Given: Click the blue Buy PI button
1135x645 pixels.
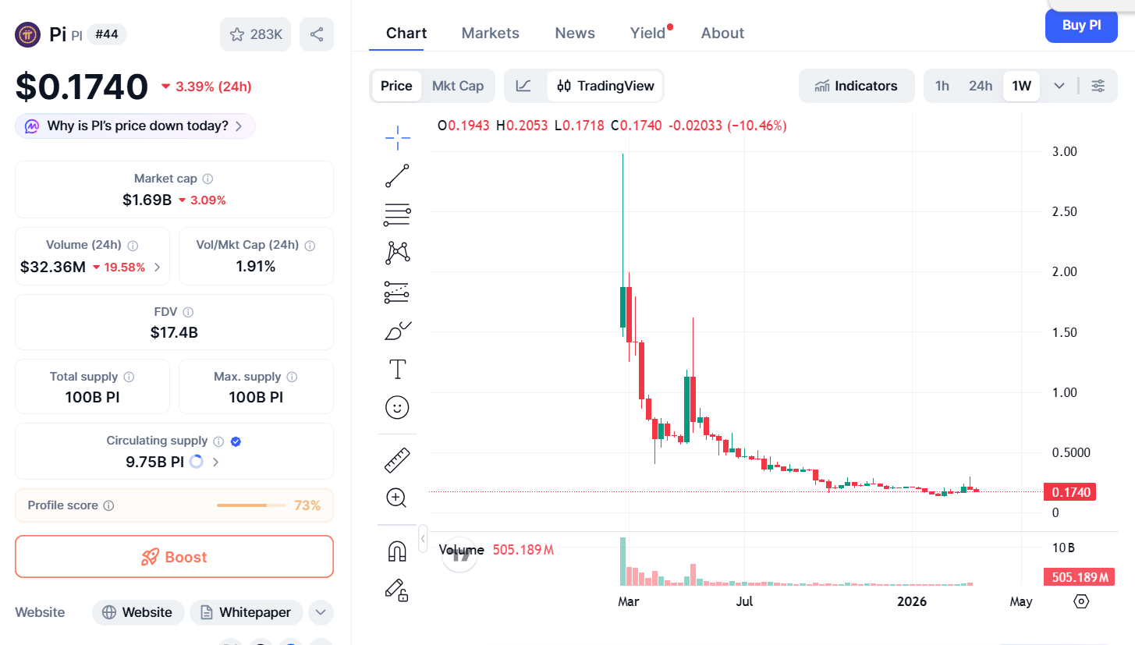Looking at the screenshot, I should [1080, 26].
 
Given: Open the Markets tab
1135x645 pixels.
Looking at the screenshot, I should [490, 33].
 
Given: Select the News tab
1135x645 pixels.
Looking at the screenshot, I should [575, 33].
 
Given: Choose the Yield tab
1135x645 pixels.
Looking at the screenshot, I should [648, 33].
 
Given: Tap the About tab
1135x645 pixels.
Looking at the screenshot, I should [722, 33].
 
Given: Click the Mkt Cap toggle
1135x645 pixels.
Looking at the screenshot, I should [458, 86].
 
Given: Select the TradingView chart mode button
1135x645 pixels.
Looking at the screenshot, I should [605, 86].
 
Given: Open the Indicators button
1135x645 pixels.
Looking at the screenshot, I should [856, 86].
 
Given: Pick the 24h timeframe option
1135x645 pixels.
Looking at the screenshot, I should [981, 86].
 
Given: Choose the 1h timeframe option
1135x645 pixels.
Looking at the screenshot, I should [942, 86].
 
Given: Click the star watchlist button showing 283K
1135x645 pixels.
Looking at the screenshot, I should [256, 34].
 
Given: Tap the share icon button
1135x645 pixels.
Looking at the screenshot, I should [317, 34].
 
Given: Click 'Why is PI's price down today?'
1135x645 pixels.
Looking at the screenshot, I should [136, 126].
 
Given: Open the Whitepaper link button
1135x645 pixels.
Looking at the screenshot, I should [246, 612].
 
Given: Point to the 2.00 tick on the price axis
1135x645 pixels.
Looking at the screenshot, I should [1064, 271].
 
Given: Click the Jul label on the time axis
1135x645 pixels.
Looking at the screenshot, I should [744, 601].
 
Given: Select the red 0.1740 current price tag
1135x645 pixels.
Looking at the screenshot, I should [1070, 492].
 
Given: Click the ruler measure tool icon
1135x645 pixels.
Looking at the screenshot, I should [397, 460].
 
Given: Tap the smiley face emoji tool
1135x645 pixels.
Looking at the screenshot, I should [397, 407].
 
